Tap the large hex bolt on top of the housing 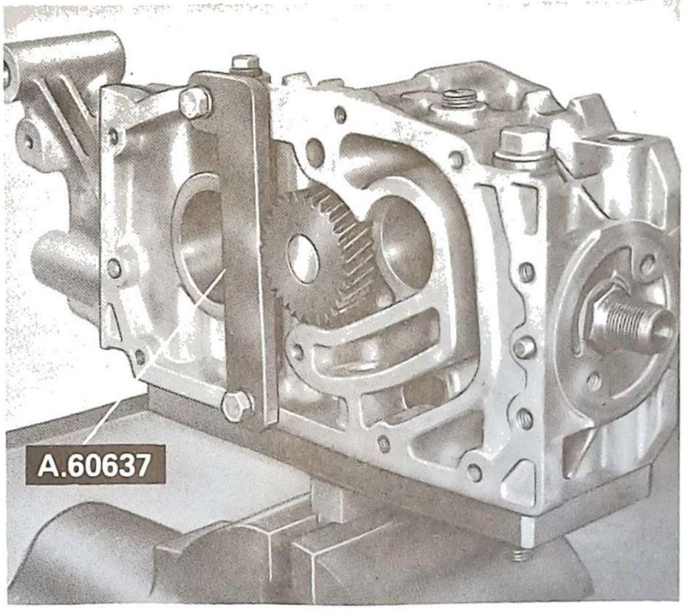[x=523, y=144]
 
